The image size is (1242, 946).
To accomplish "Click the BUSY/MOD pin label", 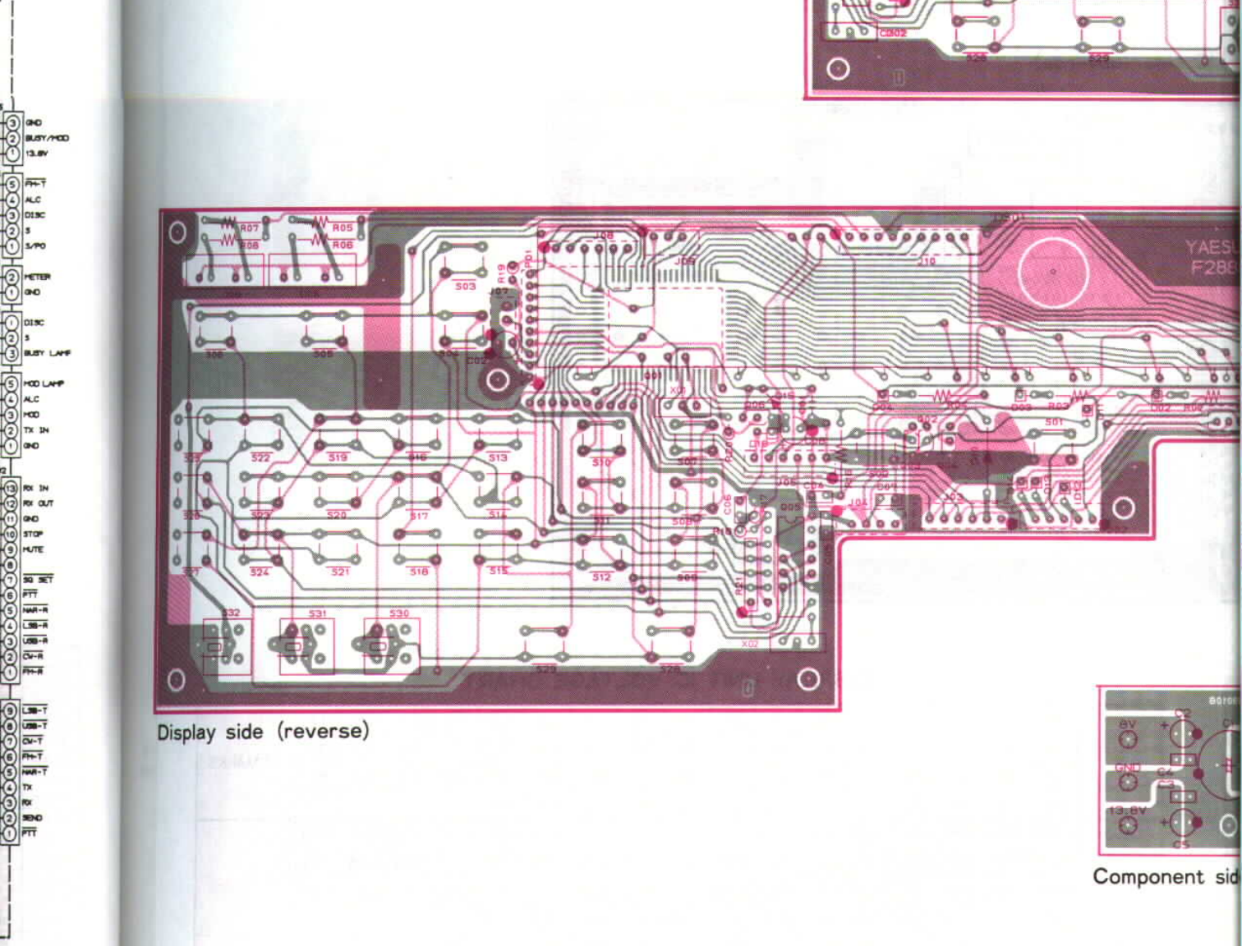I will (47, 138).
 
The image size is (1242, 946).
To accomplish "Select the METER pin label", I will (37, 277).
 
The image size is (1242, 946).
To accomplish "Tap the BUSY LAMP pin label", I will (47, 353).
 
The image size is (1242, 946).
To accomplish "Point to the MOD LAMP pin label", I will (44, 383).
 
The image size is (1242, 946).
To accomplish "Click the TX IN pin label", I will (36, 430).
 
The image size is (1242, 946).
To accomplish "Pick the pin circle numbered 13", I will (11, 488).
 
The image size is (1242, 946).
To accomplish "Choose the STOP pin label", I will (33, 534).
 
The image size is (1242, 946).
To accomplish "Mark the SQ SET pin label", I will (38, 580).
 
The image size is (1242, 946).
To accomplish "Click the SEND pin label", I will (32, 818).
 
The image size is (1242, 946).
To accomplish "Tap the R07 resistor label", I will (249, 227).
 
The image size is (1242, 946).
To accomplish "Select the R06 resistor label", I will (343, 245).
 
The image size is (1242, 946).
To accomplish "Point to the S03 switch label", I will (465, 286).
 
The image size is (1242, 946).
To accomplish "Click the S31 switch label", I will (318, 613).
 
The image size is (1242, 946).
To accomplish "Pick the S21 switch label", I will (340, 571).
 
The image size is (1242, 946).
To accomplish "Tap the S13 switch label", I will (498, 457).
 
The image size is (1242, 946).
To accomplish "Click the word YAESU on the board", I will (1212, 246).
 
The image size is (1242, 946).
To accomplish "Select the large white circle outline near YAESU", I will (1053, 271).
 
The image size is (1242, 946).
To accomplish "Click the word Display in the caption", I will (186, 732).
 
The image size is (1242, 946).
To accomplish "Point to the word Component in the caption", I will (1148, 877).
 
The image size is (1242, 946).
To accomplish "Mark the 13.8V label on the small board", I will (1127, 811).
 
